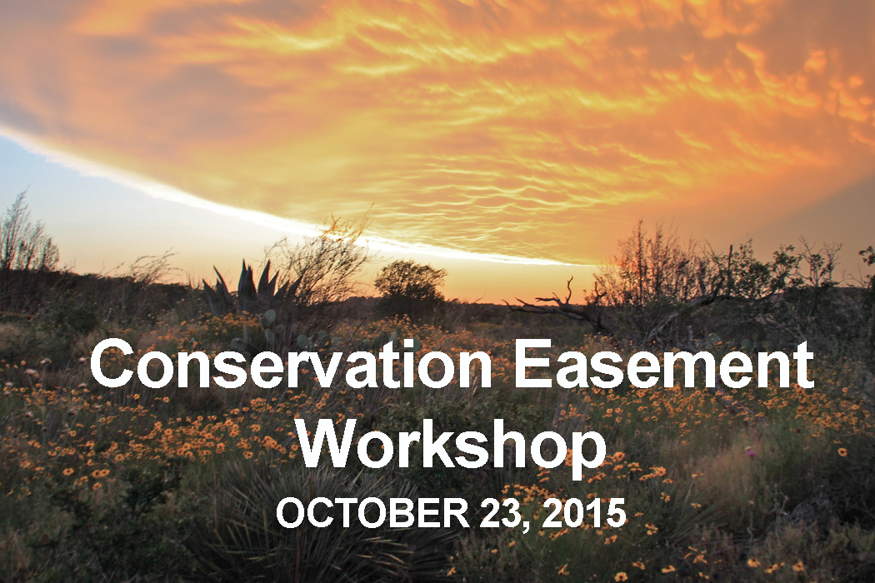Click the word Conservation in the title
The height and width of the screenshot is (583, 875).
(290, 366)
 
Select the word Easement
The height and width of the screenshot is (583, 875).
(663, 366)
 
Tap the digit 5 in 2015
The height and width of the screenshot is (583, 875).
(615, 514)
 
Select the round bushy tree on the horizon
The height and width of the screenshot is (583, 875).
(410, 285)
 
